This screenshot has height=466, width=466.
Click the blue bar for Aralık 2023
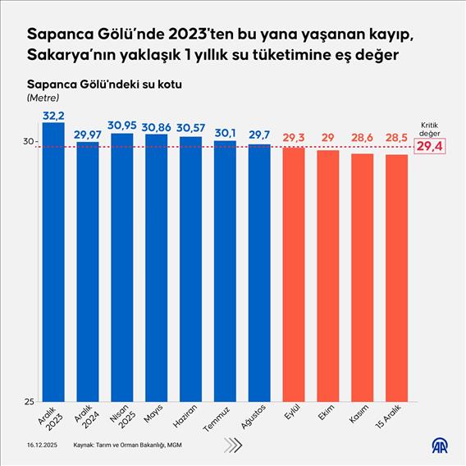[x=53, y=263]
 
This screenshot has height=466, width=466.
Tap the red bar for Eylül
[x=293, y=275]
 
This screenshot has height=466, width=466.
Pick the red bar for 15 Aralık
[x=396, y=279]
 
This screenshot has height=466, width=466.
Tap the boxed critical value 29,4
[x=434, y=147]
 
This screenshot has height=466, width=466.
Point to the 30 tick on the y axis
[x=28, y=142]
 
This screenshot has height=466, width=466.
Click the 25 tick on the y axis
[x=28, y=401]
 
